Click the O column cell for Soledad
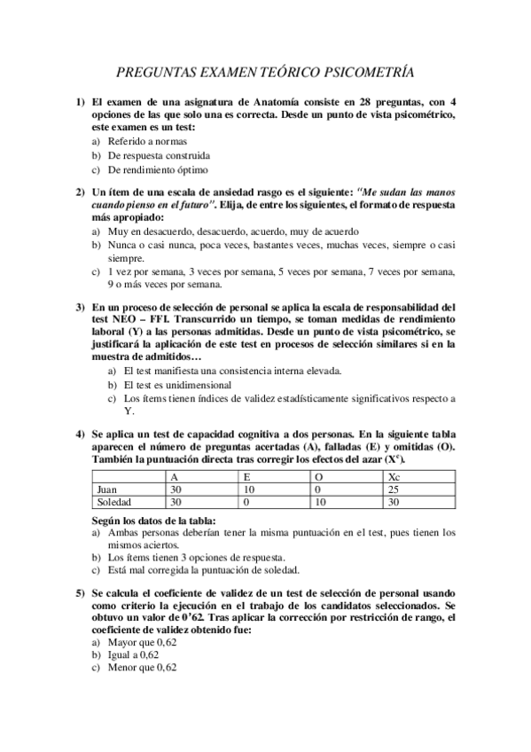click(x=321, y=502)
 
